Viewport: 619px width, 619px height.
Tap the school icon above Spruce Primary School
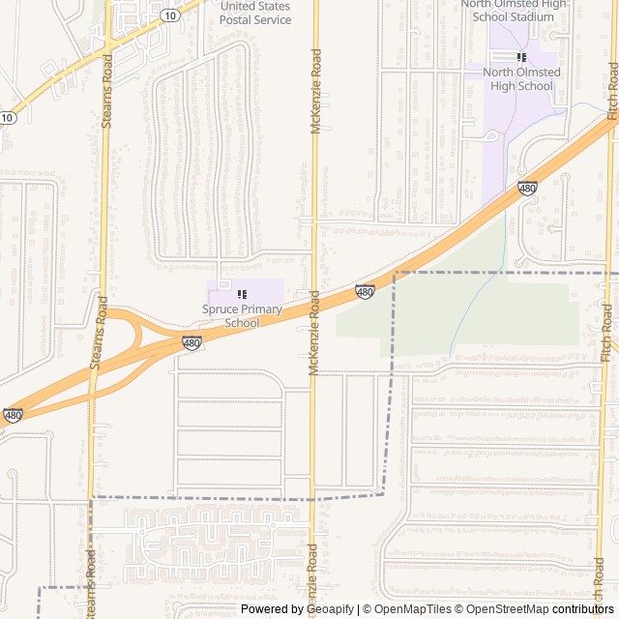coord(242,293)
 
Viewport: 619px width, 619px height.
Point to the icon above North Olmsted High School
coord(522,57)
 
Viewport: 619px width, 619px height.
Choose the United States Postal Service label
coord(255,13)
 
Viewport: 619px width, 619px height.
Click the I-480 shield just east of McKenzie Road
coord(365,291)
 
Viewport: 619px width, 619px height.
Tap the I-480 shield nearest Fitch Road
coord(527,188)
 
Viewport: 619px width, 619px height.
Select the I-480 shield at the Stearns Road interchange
coord(192,343)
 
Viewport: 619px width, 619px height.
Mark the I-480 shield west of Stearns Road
coord(13,415)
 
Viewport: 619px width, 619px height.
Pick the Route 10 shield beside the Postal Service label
coord(170,15)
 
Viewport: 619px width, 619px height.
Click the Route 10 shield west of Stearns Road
coord(8,118)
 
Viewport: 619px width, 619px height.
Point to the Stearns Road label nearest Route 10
coord(106,90)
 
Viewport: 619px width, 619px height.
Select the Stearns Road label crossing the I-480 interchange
coord(96,333)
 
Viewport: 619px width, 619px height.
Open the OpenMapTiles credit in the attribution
coord(412,609)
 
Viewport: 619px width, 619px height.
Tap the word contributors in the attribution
coord(584,609)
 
